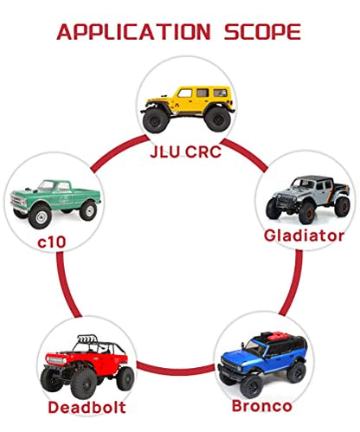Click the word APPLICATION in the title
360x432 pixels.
tap(133, 32)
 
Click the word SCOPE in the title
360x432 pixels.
tap(263, 32)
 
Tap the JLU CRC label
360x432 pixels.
tap(185, 152)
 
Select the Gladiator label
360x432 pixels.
tap(304, 235)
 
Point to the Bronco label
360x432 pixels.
tap(262, 406)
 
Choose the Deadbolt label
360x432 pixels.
tap(87, 407)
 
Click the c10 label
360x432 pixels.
tap(52, 242)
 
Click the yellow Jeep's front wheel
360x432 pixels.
tap(155, 120)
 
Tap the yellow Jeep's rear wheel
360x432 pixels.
tap(218, 119)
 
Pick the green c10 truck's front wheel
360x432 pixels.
tap(40, 216)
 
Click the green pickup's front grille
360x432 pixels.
tap(18, 200)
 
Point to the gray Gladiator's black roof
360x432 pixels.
tap(315, 179)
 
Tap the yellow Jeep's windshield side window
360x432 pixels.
tap(184, 93)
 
